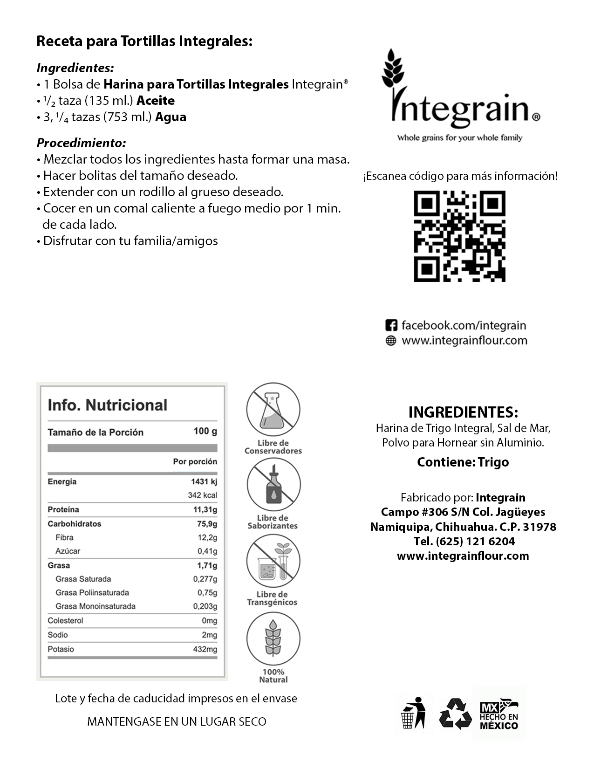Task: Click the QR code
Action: [x=459, y=236]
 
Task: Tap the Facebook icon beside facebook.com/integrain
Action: [x=391, y=325]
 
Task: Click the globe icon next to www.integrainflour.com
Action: [x=391, y=341]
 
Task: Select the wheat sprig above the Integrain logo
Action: [x=393, y=70]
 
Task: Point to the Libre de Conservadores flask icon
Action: [x=273, y=409]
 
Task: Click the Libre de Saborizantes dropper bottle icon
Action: [x=273, y=484]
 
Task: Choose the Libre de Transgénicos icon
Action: [x=273, y=561]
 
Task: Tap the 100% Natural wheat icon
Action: [x=273, y=638]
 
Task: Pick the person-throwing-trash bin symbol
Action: [x=414, y=713]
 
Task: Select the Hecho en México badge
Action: [x=499, y=714]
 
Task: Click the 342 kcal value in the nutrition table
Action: [x=202, y=495]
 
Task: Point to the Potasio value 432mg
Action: [x=205, y=649]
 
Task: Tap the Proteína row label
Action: [x=63, y=509]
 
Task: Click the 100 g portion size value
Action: [x=205, y=431]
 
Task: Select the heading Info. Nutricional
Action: [x=107, y=405]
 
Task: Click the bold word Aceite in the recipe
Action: [x=156, y=101]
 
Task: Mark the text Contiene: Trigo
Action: [x=463, y=462]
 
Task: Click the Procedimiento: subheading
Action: [x=81, y=143]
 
